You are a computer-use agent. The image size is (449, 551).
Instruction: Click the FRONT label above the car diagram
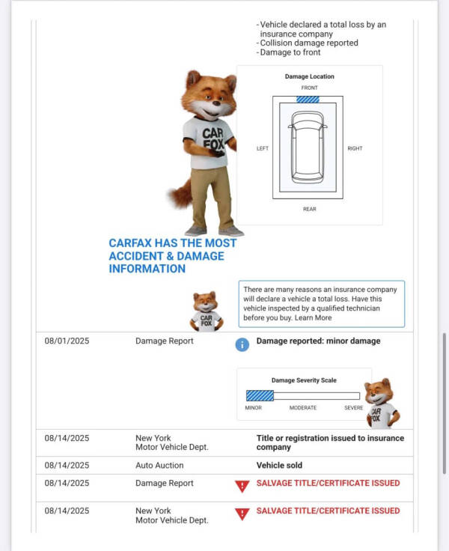click(309, 88)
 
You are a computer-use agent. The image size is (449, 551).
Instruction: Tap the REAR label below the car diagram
click(309, 209)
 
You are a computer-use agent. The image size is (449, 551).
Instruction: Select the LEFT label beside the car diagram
click(263, 148)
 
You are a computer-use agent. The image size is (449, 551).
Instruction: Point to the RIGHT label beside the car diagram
click(355, 148)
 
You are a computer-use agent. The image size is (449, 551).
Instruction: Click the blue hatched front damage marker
click(308, 99)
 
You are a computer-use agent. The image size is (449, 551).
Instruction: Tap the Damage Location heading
click(309, 76)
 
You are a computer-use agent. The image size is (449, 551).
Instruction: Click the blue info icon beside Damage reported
click(242, 344)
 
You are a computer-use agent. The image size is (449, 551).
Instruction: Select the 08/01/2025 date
click(67, 341)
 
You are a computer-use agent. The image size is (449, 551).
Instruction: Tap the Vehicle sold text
click(279, 466)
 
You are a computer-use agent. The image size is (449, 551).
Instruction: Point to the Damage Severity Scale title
click(304, 380)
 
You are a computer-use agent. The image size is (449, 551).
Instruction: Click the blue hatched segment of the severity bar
click(260, 395)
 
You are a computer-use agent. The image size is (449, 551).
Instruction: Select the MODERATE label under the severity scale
click(303, 408)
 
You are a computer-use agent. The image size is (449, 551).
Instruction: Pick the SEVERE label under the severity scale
click(353, 408)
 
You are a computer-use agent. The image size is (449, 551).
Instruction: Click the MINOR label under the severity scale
click(254, 408)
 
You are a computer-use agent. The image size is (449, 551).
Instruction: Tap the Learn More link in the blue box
click(313, 318)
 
